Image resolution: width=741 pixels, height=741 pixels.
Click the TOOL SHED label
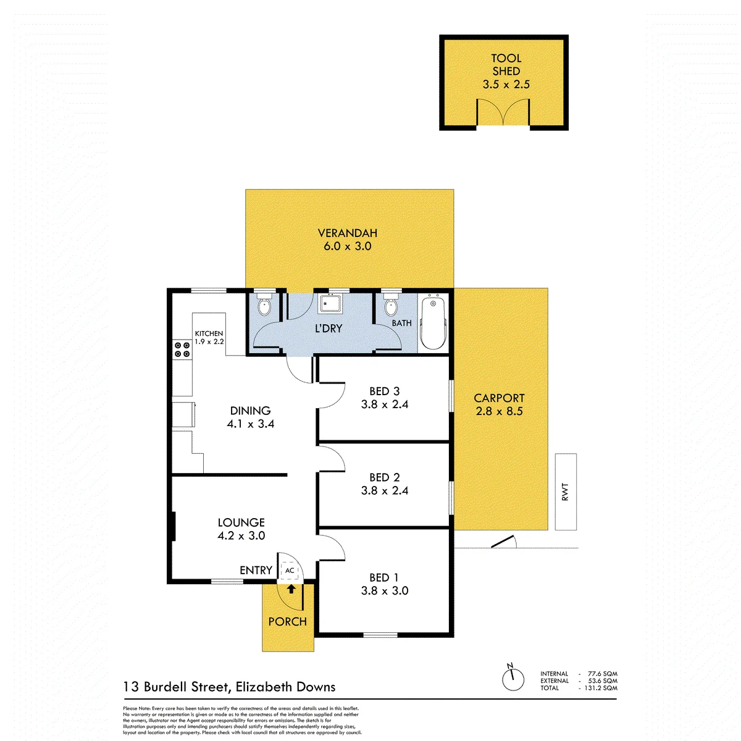pos(506,65)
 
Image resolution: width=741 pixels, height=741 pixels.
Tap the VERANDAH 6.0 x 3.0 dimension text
pos(347,246)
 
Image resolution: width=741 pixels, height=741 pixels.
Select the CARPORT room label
pos(499,398)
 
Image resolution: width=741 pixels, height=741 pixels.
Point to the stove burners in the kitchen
pos(182,349)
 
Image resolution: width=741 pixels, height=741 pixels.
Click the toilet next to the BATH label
pos(390,304)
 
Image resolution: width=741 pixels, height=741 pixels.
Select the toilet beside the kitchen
pos(264,304)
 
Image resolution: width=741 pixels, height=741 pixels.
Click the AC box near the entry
pos(289,571)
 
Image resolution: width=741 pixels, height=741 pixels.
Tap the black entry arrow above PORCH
pos(291,588)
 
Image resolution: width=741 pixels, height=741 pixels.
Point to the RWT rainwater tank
pos(565,492)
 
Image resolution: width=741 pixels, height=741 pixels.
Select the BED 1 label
pos(383,577)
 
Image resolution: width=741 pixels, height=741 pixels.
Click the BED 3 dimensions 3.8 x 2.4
pos(385,404)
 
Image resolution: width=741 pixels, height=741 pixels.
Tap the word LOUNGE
pos(241,522)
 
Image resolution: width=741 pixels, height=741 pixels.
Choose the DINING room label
pos(250,410)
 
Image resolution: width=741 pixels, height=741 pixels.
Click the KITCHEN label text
pos(209,333)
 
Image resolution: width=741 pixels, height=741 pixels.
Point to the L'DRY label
pos(329,328)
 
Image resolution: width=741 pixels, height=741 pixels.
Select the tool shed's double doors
pos(503,112)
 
